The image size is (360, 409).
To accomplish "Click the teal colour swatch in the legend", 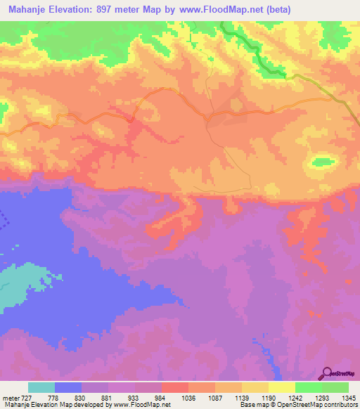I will click(x=41, y=387).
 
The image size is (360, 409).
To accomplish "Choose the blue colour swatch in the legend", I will click(x=68, y=387).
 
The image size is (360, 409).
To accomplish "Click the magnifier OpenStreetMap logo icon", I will click(x=327, y=372).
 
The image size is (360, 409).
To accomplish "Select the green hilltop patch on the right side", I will click(x=323, y=162).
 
